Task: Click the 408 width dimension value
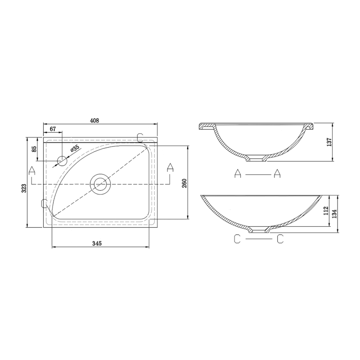(94, 121)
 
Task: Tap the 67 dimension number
(53, 129)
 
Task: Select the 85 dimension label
(34, 149)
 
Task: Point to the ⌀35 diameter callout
(75, 148)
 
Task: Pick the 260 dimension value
(185, 183)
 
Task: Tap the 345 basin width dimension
(97, 243)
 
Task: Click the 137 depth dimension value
(329, 142)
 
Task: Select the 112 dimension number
(325, 211)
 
